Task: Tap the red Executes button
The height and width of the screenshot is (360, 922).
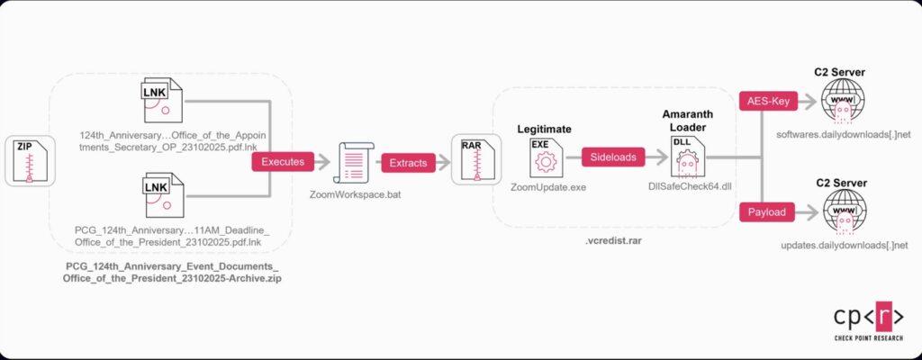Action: pos(282,162)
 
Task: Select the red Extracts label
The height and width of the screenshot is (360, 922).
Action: pos(408,162)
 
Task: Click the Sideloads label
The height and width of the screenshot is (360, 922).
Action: pos(612,157)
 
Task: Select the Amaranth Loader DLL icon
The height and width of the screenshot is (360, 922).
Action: pos(684,159)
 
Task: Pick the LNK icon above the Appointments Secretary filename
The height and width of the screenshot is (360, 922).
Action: pos(164,102)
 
